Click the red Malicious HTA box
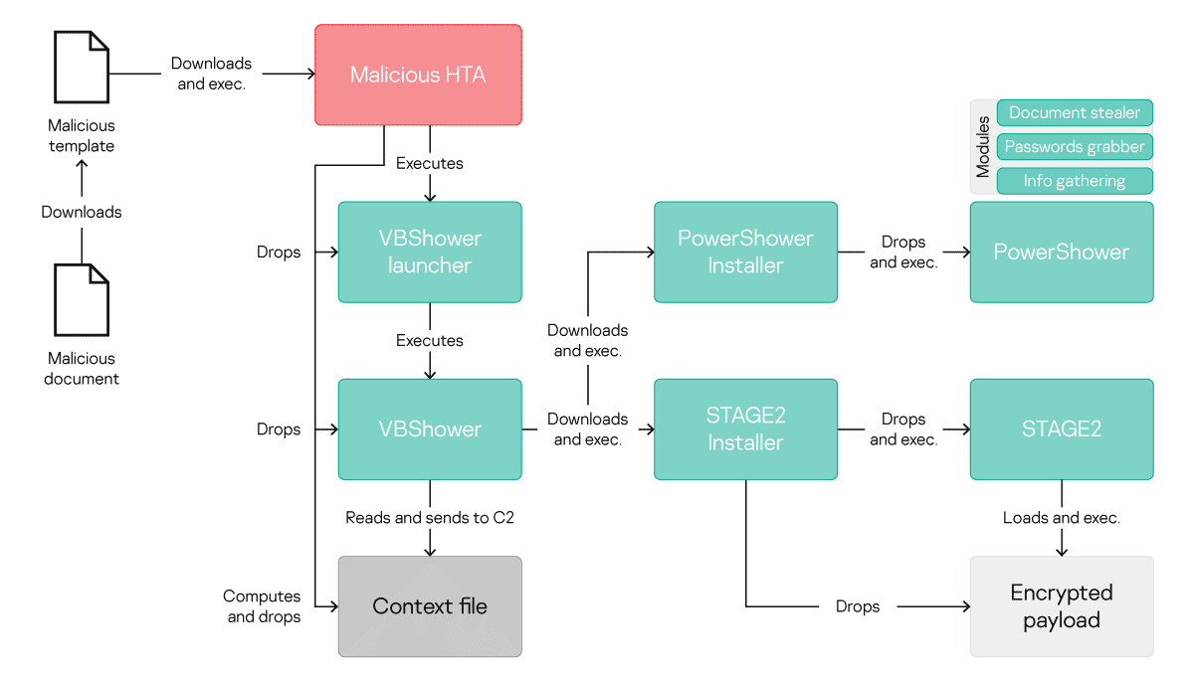tap(418, 75)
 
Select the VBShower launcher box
tap(430, 252)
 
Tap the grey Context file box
tap(430, 605)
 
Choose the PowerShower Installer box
tap(745, 252)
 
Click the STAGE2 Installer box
tap(745, 428)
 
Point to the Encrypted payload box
tap(1062, 605)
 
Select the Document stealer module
tap(1075, 112)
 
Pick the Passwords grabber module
tap(1075, 147)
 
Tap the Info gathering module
tap(1075, 181)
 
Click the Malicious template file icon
tap(82, 67)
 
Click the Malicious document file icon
tap(82, 299)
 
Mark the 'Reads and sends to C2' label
tap(430, 517)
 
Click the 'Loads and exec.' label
tap(1062, 517)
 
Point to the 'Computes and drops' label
tap(262, 605)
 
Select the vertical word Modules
tap(983, 146)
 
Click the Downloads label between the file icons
tap(82, 212)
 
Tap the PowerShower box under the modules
tap(1062, 252)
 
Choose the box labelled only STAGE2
tap(1062, 428)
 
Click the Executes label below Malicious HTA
tap(430, 163)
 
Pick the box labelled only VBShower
tap(430, 428)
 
